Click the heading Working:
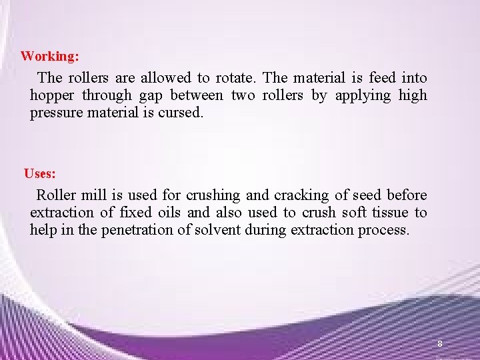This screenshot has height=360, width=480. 49,56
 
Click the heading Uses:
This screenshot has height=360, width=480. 40,174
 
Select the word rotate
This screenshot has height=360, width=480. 233,78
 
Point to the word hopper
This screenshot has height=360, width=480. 53,96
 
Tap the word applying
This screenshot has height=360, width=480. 363,95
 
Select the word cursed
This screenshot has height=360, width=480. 180,113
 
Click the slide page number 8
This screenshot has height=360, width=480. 440,344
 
